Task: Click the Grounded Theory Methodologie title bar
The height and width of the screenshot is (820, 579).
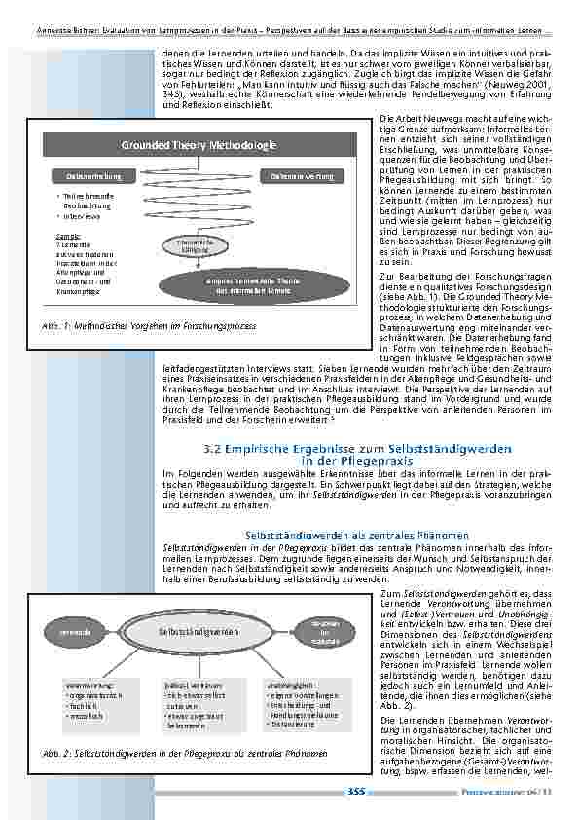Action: tap(199, 145)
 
